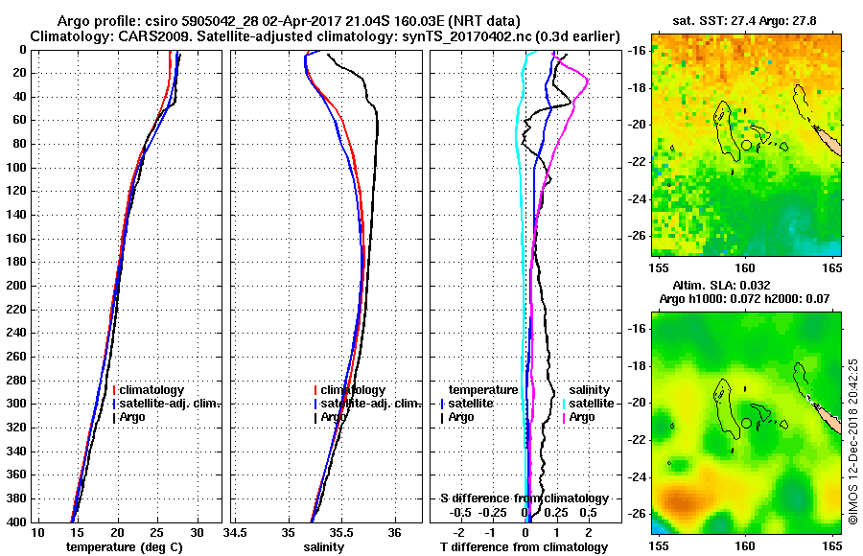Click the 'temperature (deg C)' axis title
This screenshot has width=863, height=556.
coord(124,547)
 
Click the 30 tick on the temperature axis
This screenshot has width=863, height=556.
coord(197,532)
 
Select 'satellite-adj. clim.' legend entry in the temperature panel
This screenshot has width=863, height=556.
coord(167,404)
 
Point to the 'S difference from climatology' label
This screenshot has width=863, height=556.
coord(524,498)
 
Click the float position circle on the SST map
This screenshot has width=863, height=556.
coord(746,145)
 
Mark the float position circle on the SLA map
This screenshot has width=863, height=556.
coord(746,423)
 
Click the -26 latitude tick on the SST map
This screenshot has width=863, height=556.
coord(640,235)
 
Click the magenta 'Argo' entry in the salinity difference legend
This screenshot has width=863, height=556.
coord(582,417)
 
